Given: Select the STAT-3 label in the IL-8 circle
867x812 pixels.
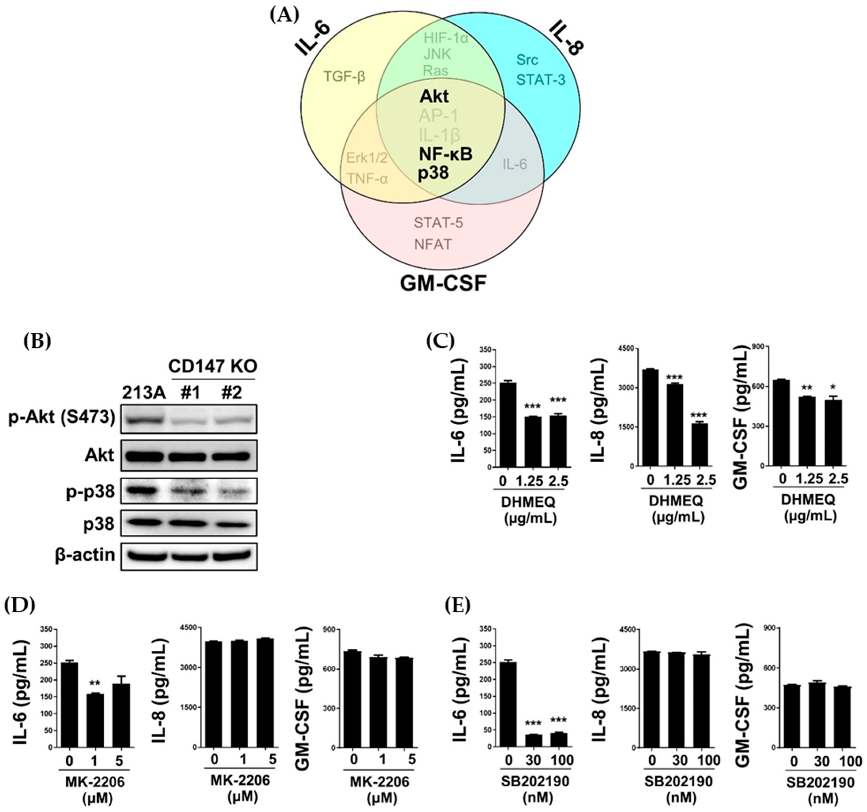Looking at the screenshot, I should point(541,80).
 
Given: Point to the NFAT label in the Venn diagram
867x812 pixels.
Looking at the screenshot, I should point(433,244).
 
